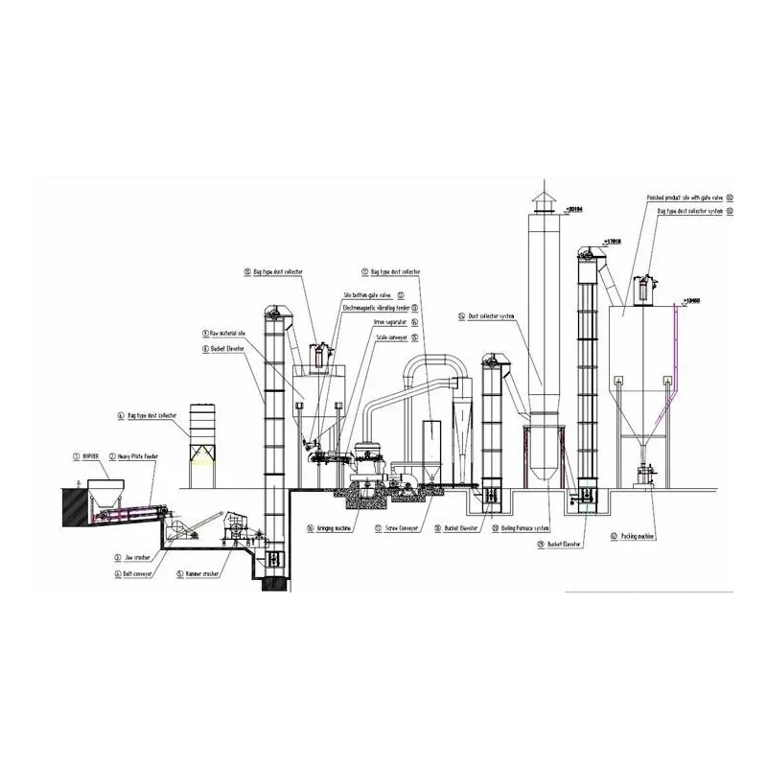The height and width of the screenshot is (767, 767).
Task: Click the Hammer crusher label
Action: (202, 573)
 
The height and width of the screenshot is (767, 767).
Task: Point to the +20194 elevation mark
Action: (575, 208)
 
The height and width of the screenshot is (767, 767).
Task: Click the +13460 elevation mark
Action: (693, 300)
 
